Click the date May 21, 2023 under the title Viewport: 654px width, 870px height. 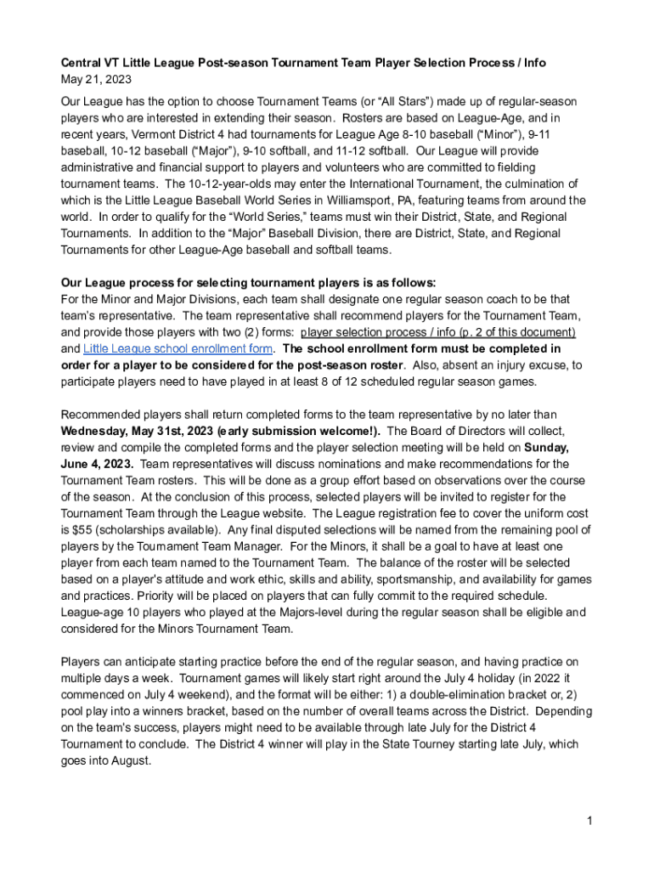coord(96,80)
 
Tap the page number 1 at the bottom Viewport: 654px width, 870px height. coord(588,822)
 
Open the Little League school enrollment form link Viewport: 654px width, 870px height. coord(178,348)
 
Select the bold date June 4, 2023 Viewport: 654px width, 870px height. coord(96,464)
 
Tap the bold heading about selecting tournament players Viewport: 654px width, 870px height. coord(248,283)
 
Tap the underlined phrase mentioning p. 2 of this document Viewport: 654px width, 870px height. coord(439,332)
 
